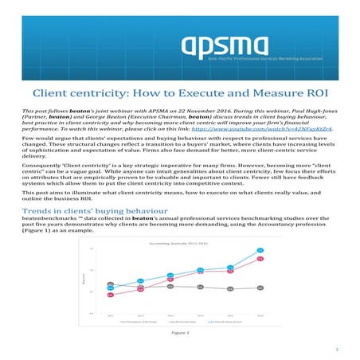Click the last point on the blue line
click(260, 252)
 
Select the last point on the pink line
click(260, 260)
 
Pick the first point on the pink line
click(110, 295)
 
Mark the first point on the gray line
click(110, 284)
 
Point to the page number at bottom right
click(338, 349)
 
